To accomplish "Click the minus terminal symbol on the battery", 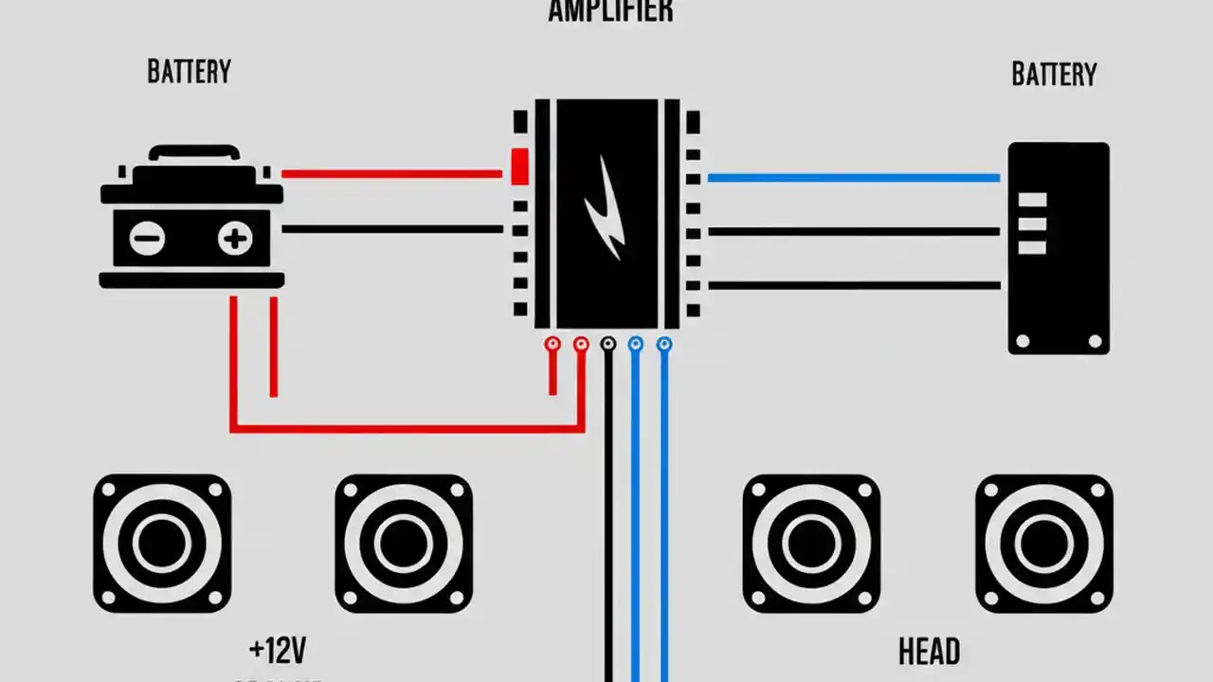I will (x=147, y=239).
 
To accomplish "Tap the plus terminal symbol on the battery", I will (x=234, y=239).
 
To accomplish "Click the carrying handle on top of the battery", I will (x=193, y=152).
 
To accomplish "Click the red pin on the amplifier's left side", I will (x=519, y=167).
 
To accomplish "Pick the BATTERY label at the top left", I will (x=189, y=72).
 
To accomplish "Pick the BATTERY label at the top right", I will (x=1054, y=75).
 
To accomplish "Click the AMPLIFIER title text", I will (x=610, y=11).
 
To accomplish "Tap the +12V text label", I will (x=277, y=651).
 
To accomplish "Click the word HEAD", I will (x=929, y=652).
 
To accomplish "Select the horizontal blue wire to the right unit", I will (x=853, y=178).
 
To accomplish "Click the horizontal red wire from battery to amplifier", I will (x=390, y=174).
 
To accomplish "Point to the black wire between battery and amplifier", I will (x=390, y=229).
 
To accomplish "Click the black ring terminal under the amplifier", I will (x=608, y=345).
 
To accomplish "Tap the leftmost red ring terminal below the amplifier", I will (x=552, y=345).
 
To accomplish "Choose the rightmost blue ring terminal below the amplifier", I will (x=664, y=345).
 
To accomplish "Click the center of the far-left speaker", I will (x=162, y=544).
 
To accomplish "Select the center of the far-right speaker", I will (x=1044, y=544).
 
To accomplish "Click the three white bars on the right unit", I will (x=1032, y=224).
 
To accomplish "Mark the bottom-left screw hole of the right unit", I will (x=1023, y=341).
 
